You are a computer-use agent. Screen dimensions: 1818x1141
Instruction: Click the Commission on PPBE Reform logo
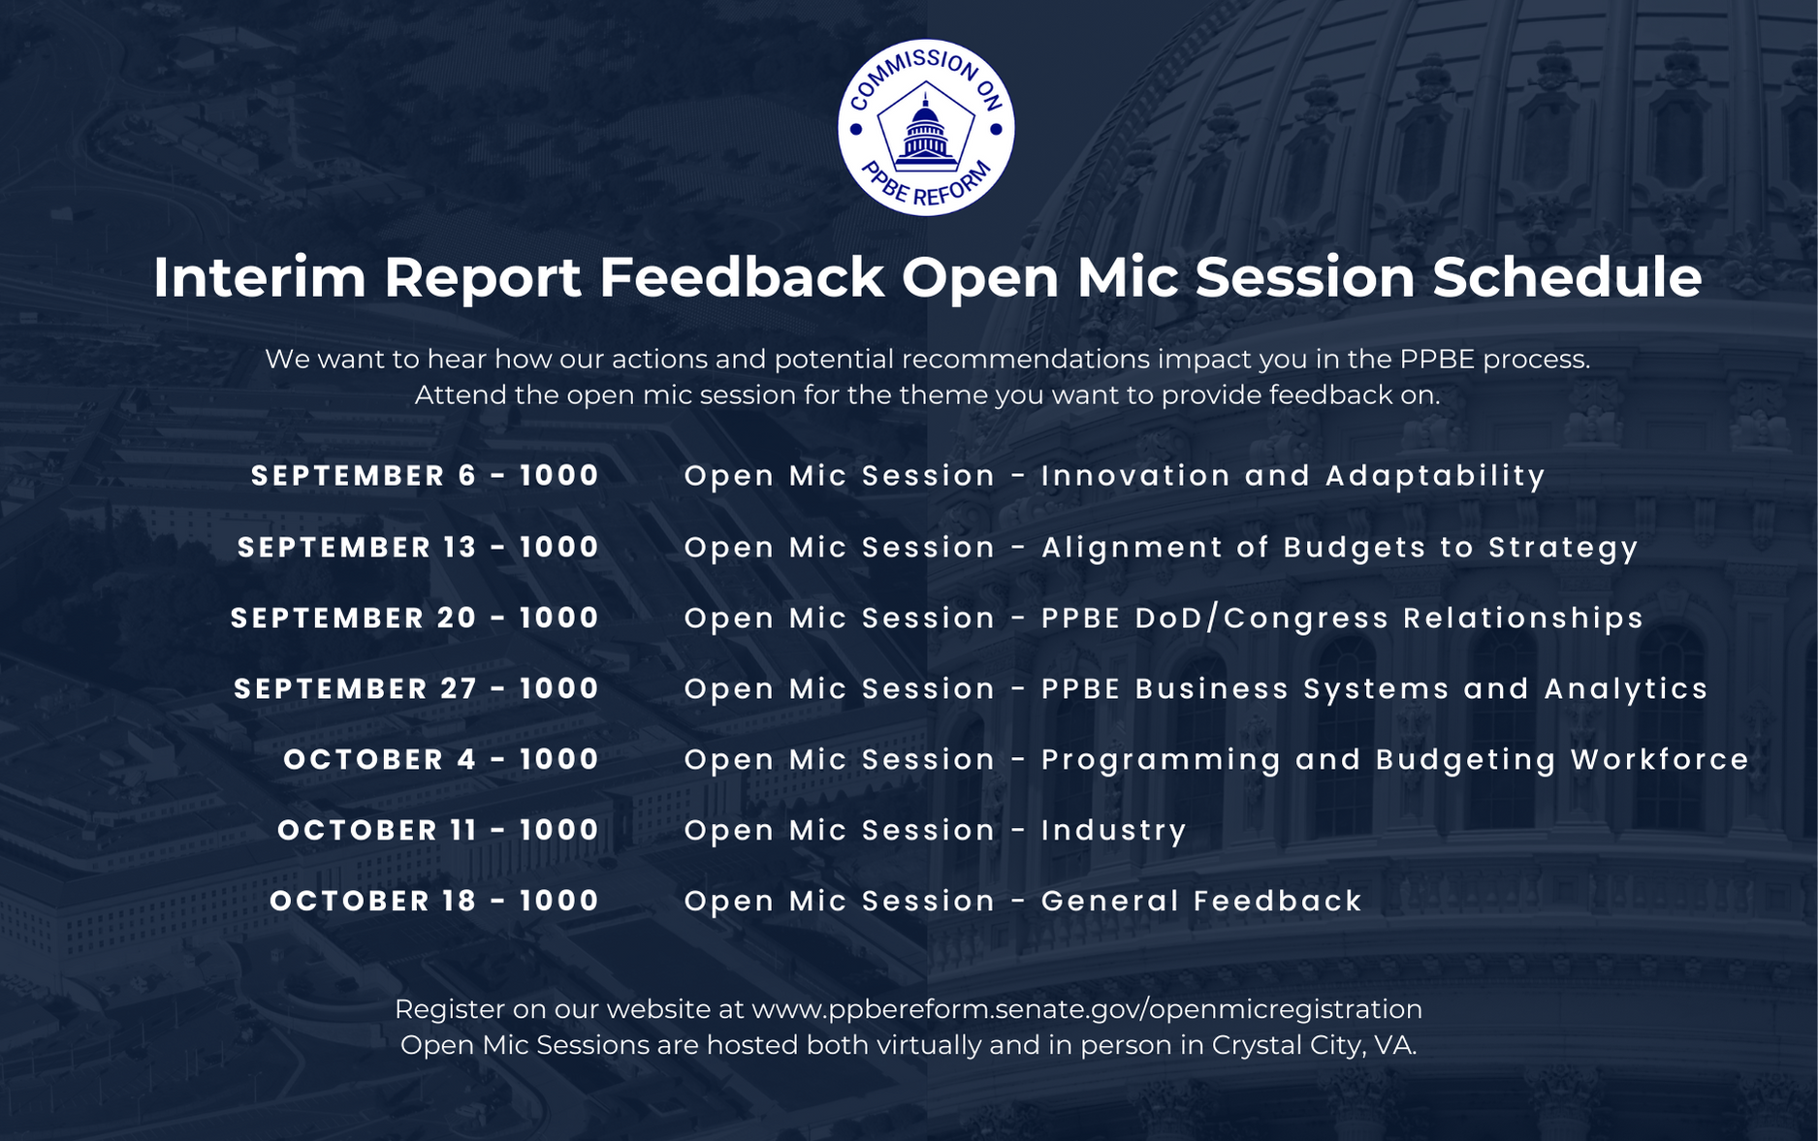pyautogui.click(x=926, y=127)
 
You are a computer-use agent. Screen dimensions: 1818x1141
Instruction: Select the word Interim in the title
pyautogui.click(x=259, y=277)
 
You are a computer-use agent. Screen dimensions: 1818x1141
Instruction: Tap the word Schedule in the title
pyautogui.click(x=1567, y=277)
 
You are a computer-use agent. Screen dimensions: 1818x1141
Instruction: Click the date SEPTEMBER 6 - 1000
pyautogui.click(x=426, y=476)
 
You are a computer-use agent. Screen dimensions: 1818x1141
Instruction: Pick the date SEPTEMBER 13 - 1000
pyautogui.click(x=419, y=548)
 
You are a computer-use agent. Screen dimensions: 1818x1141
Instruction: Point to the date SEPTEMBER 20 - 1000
pyautogui.click(x=415, y=618)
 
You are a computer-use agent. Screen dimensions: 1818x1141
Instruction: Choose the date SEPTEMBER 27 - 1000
pyautogui.click(x=417, y=689)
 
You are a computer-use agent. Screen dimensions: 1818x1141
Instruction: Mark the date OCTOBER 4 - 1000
pyautogui.click(x=441, y=760)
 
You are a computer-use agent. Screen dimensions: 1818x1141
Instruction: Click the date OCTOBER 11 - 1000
pyautogui.click(x=438, y=831)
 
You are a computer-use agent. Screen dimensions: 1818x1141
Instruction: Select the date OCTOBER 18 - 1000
pyautogui.click(x=434, y=902)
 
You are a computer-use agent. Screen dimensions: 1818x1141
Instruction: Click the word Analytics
pyautogui.click(x=1626, y=690)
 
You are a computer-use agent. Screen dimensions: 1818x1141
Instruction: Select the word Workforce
pyautogui.click(x=1660, y=760)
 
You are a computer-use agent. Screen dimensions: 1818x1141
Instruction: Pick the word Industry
pyautogui.click(x=1114, y=832)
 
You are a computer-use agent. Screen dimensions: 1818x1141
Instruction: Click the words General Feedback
pyautogui.click(x=1202, y=902)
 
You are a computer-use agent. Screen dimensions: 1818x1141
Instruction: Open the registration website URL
pyautogui.click(x=1087, y=1010)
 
